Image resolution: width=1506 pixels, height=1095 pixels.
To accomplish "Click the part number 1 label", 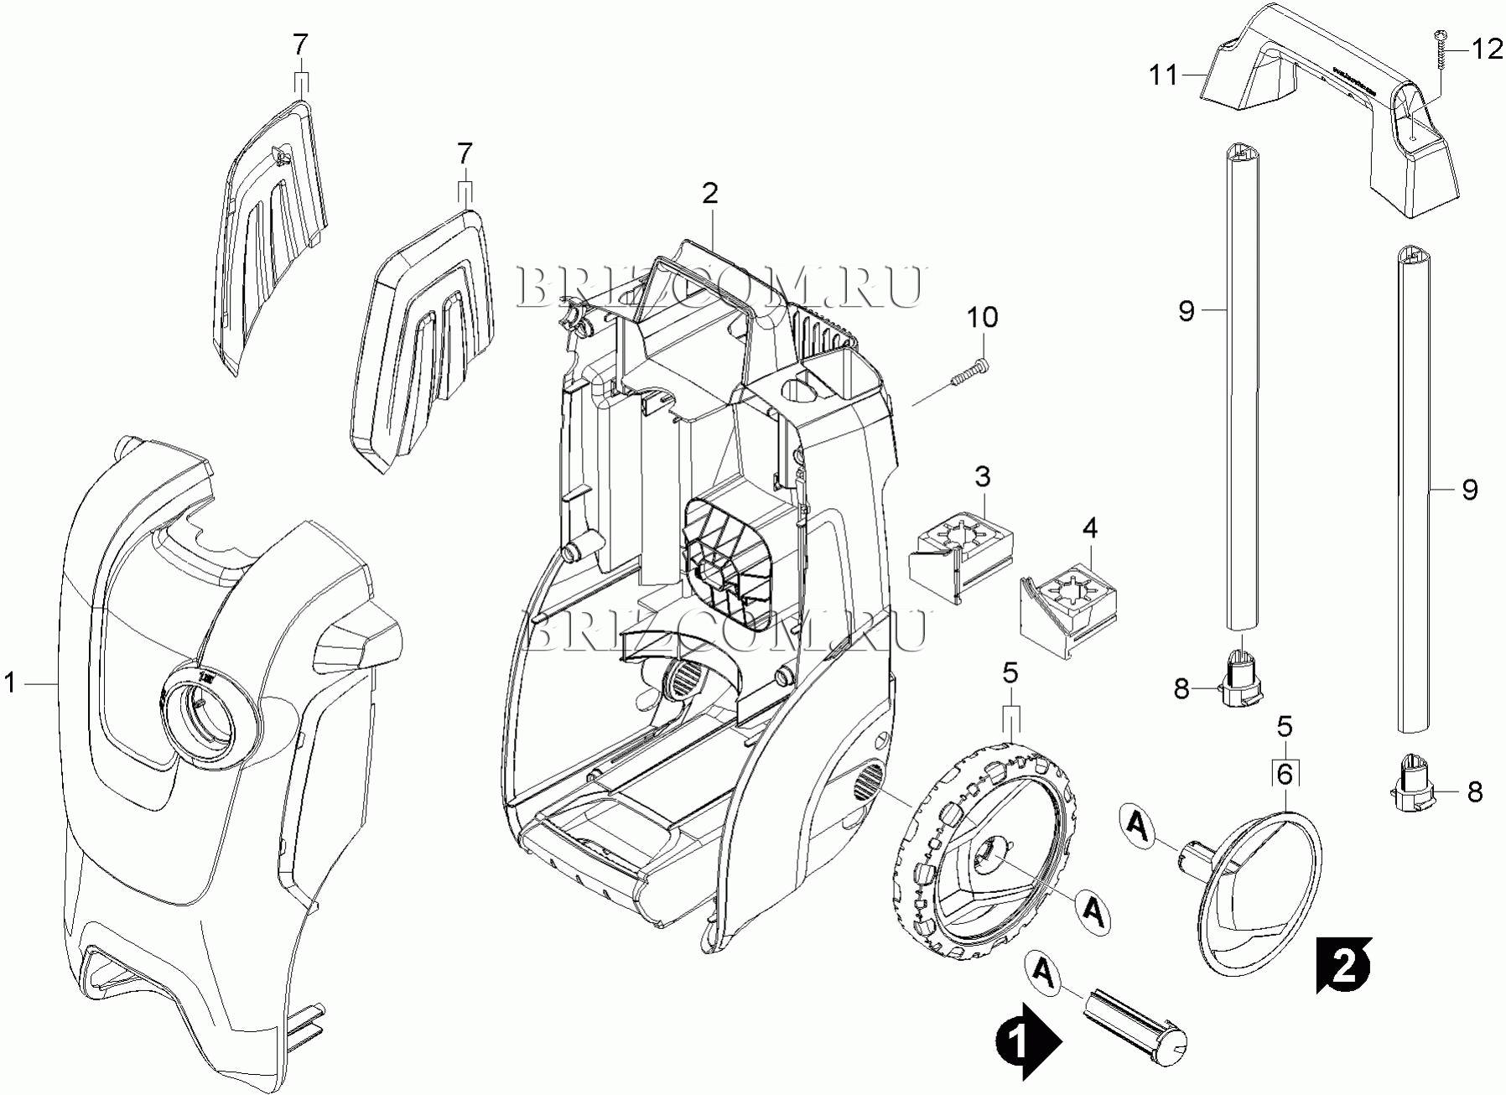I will pyautogui.click(x=10, y=683).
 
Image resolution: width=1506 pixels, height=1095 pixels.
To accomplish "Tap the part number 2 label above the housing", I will pyautogui.click(x=709, y=194).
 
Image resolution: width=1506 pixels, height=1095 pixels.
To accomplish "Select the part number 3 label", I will pyautogui.click(x=982, y=476).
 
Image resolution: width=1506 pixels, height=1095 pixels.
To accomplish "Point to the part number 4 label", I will pyautogui.click(x=1089, y=527).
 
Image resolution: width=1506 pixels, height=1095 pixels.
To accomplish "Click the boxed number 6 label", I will pyautogui.click(x=1285, y=773).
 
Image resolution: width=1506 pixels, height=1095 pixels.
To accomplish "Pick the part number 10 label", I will pyautogui.click(x=982, y=317).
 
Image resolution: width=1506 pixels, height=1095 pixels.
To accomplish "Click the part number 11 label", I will pyautogui.click(x=1164, y=75).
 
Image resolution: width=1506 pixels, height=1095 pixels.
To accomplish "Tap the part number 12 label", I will pyautogui.click(x=1488, y=49).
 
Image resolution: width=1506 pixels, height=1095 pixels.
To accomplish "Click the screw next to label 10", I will pyautogui.click(x=969, y=372).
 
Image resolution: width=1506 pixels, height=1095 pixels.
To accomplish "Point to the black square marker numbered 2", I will pyautogui.click(x=1343, y=964).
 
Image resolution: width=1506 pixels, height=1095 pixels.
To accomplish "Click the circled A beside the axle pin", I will pyautogui.click(x=1042, y=971).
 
